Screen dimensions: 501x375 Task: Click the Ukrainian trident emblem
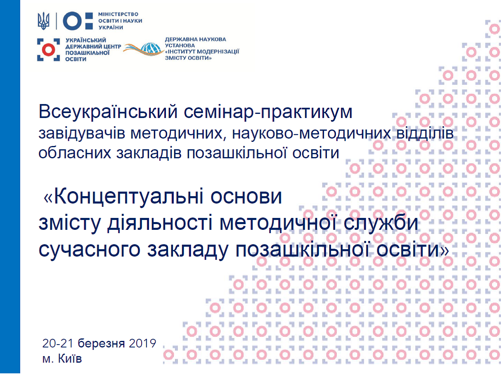[x=44, y=21]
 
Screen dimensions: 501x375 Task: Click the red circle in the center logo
[x=48, y=50]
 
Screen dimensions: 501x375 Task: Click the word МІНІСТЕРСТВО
[x=118, y=14]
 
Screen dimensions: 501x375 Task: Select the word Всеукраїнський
[x=108, y=112]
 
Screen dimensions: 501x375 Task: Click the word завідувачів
[x=82, y=134]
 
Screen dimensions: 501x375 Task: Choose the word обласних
[x=75, y=153]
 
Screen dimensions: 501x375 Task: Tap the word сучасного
[x=89, y=250]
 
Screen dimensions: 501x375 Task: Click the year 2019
[x=142, y=343]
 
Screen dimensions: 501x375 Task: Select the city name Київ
[x=70, y=358]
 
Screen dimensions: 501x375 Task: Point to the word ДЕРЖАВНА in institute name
[x=179, y=39]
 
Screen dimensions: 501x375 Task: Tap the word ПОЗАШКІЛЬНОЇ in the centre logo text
[x=87, y=53]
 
